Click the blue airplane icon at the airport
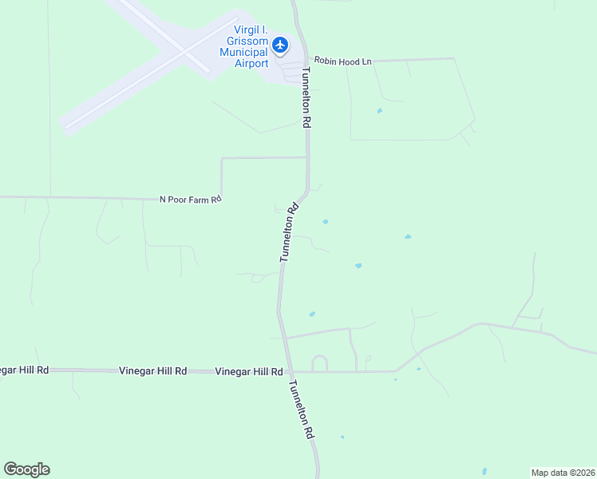(x=279, y=45)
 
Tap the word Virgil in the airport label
(x=242, y=30)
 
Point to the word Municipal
(x=244, y=53)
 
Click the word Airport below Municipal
(x=251, y=64)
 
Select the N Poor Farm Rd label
(x=190, y=199)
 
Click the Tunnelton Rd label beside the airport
(x=306, y=97)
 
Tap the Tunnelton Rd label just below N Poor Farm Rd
(x=289, y=232)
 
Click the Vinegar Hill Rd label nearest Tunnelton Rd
(x=249, y=372)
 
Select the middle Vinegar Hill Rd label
(x=152, y=371)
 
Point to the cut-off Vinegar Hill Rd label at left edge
(x=24, y=370)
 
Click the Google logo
(x=26, y=469)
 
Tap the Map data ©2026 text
(x=563, y=472)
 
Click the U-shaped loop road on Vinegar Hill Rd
(x=319, y=363)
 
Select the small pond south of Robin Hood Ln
(x=379, y=110)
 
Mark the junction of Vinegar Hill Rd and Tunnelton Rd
(x=291, y=371)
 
